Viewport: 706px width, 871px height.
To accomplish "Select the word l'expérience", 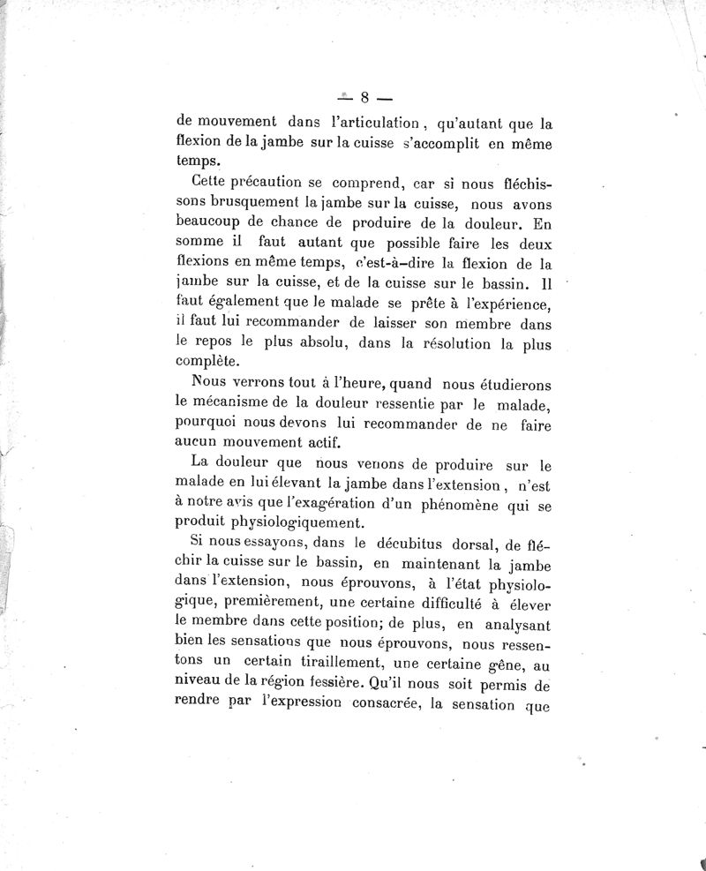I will (x=499, y=304).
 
